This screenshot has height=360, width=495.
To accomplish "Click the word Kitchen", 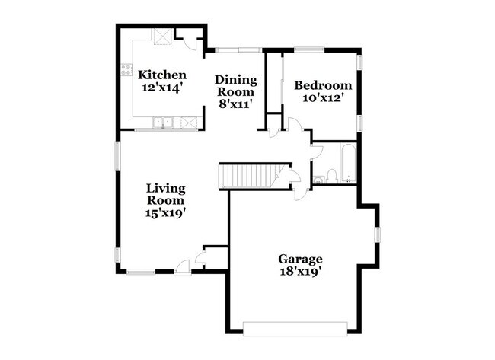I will point(162,75).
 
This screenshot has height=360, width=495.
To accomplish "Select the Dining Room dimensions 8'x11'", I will point(235,102).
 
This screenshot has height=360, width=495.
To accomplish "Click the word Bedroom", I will point(323,85).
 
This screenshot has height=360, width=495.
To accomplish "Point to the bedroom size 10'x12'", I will point(323,97).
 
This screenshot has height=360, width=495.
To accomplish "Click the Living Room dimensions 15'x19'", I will point(167,213).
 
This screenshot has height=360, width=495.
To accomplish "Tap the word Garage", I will point(300,259).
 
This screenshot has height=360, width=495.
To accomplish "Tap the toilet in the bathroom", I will point(321,178).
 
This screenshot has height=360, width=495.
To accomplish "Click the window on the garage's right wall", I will point(376,234).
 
